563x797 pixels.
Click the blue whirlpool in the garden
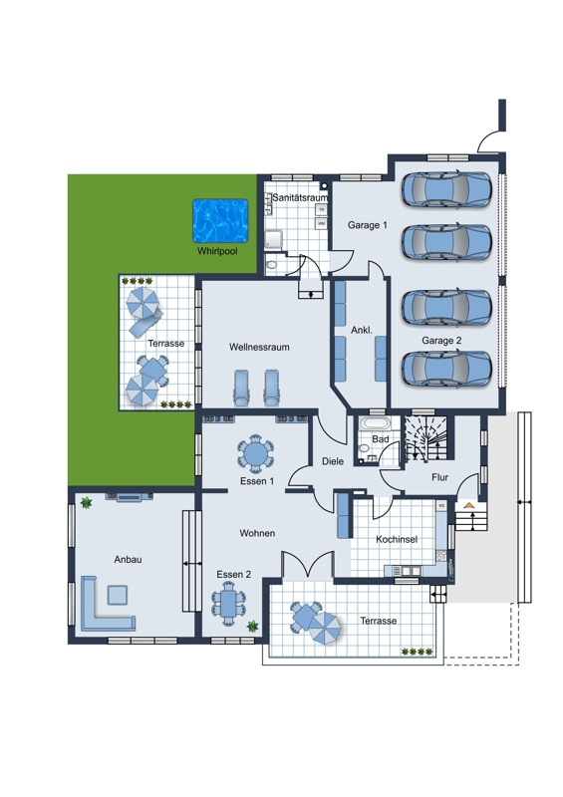[220, 221]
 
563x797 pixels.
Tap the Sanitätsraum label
[300, 197]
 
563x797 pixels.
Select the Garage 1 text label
[368, 225]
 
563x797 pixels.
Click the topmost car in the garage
[446, 189]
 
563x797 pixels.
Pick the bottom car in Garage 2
[446, 368]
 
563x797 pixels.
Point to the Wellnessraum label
[259, 347]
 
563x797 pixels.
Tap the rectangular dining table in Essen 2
[228, 604]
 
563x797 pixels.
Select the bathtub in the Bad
[376, 422]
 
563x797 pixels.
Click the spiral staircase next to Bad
[424, 438]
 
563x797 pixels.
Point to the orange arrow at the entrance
[469, 505]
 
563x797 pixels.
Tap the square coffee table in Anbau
[118, 595]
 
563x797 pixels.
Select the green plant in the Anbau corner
[87, 503]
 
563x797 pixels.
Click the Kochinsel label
[397, 539]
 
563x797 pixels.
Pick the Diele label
[333, 461]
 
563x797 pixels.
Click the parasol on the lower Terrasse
[325, 628]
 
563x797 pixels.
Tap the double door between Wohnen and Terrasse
[308, 564]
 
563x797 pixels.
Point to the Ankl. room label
[362, 331]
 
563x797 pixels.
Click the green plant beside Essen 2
[252, 627]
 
